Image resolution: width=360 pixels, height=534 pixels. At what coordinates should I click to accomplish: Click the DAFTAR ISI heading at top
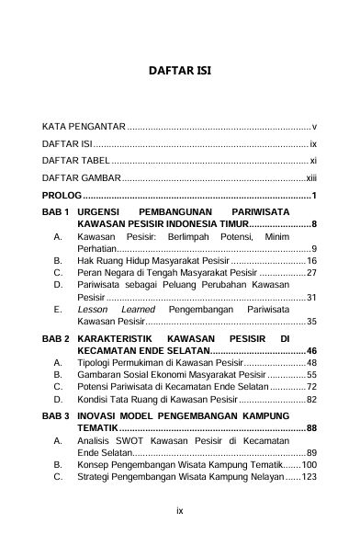(180, 68)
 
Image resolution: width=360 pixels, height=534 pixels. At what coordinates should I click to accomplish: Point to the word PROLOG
(62, 196)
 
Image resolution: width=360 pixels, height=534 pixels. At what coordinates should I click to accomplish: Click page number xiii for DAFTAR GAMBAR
(310, 178)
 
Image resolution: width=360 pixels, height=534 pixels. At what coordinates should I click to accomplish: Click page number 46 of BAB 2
(311, 351)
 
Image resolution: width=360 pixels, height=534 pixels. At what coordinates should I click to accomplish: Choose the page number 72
(311, 387)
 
